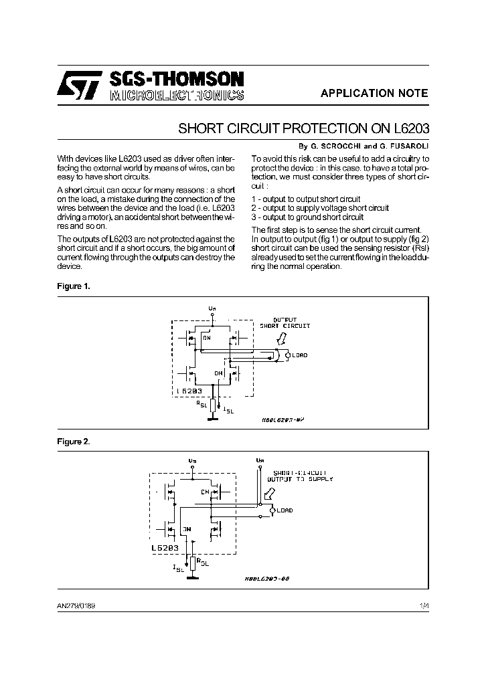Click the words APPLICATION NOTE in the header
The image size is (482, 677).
374,94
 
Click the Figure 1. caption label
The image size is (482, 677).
74,286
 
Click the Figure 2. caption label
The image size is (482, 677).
74,442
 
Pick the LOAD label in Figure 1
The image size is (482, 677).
299,355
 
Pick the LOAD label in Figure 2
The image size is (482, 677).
284,510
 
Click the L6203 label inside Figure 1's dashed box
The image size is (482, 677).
189,390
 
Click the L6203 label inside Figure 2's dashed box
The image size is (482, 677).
165,547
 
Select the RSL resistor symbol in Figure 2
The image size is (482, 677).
192,563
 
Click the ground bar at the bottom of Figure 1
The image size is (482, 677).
212,419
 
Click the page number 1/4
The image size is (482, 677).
423,606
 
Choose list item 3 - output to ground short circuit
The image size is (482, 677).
307,217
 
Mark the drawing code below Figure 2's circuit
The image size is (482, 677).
266,579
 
